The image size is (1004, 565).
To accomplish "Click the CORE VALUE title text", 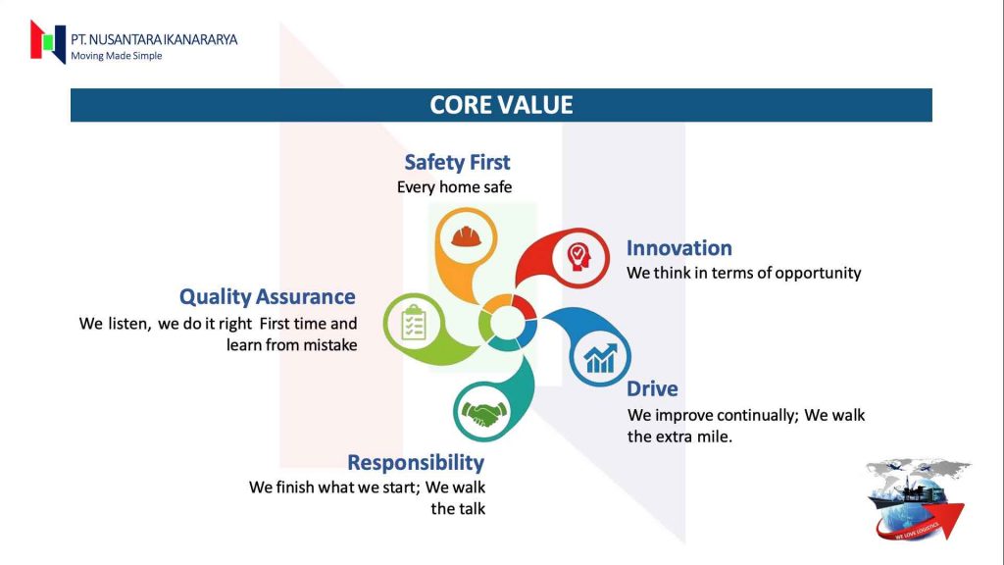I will [501, 105].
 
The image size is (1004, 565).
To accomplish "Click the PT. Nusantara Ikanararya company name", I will [154, 39].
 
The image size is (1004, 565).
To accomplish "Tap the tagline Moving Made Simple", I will [116, 56].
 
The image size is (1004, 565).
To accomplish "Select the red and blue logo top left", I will [47, 41].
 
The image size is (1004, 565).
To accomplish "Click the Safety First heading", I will [457, 162].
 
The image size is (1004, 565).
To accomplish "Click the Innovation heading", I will [679, 248].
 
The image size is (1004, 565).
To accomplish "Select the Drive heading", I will [652, 388].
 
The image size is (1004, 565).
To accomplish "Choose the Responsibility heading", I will [416, 462].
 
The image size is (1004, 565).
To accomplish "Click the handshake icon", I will [483, 412].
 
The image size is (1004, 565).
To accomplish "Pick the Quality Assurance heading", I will [267, 296].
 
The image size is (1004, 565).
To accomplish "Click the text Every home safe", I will [454, 186].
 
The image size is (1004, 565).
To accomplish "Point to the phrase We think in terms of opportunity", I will [743, 273].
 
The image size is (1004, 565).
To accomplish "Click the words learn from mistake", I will [291, 344].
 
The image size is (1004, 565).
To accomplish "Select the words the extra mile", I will [679, 437].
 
